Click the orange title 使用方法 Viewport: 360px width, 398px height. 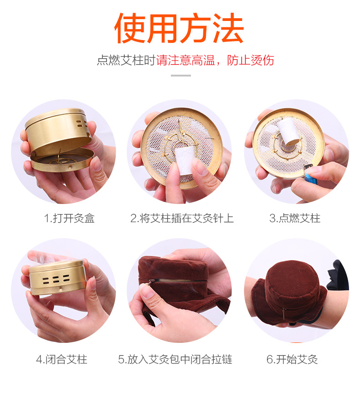pos(180,28)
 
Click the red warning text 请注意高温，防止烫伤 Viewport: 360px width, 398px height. pos(215,60)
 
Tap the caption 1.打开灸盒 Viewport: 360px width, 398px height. pos(69,218)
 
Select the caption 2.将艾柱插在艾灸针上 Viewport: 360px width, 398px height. pos(182,218)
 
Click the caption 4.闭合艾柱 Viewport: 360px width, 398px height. pos(62,359)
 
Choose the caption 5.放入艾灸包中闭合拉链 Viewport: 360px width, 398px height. pos(175,359)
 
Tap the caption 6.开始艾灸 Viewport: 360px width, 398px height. pos(292,359)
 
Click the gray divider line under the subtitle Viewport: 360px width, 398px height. pos(180,75)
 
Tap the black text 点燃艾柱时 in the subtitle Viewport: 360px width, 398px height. pos(126,60)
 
